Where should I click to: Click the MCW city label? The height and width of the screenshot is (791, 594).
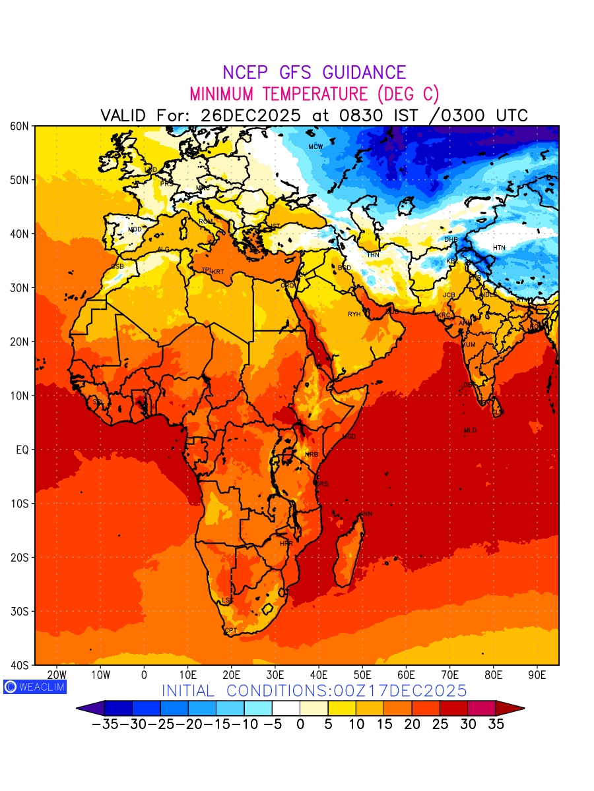click(x=315, y=146)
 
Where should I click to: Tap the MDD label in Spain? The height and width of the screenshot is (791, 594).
click(x=135, y=229)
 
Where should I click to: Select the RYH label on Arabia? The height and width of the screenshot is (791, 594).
click(x=354, y=314)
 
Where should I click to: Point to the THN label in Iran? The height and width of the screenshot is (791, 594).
click(x=373, y=254)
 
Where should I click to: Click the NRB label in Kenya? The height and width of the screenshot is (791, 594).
click(x=312, y=455)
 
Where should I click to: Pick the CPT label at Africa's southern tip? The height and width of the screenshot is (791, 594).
click(x=230, y=631)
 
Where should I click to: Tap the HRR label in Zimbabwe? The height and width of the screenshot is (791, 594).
click(x=286, y=544)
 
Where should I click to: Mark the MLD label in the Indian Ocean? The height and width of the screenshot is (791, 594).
click(x=470, y=430)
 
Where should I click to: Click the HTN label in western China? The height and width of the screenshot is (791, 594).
click(x=499, y=248)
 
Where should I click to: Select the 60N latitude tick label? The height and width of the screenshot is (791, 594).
click(x=19, y=126)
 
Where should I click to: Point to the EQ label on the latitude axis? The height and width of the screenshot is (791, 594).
click(x=22, y=450)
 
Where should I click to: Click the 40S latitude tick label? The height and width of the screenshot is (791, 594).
click(x=19, y=665)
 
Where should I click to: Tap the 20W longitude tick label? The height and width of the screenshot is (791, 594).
click(x=57, y=675)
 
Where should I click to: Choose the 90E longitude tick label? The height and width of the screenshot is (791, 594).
click(x=537, y=675)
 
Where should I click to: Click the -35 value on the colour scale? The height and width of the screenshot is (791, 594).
click(x=104, y=724)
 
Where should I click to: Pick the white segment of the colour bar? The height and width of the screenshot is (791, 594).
click(x=286, y=708)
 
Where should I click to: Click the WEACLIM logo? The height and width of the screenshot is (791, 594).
click(x=34, y=686)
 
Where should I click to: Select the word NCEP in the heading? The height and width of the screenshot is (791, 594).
click(x=247, y=73)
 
